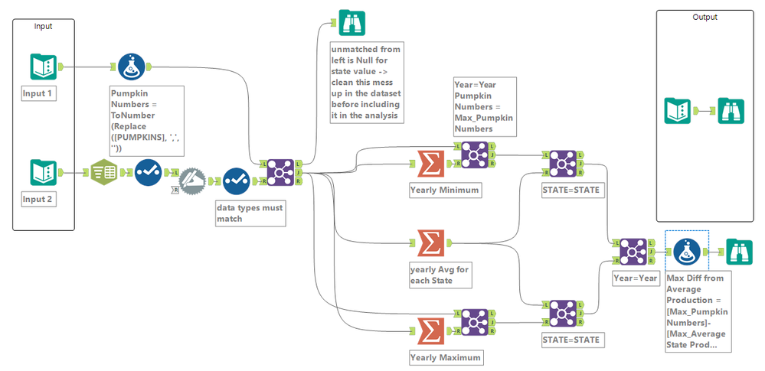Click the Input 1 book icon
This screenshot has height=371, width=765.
point(43,67)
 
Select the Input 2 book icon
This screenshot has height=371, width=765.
point(43,173)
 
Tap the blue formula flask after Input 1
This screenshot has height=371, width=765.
point(133,67)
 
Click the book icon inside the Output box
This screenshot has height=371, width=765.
point(678,111)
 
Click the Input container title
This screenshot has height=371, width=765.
point(44,26)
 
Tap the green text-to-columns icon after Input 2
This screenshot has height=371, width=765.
point(106,173)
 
